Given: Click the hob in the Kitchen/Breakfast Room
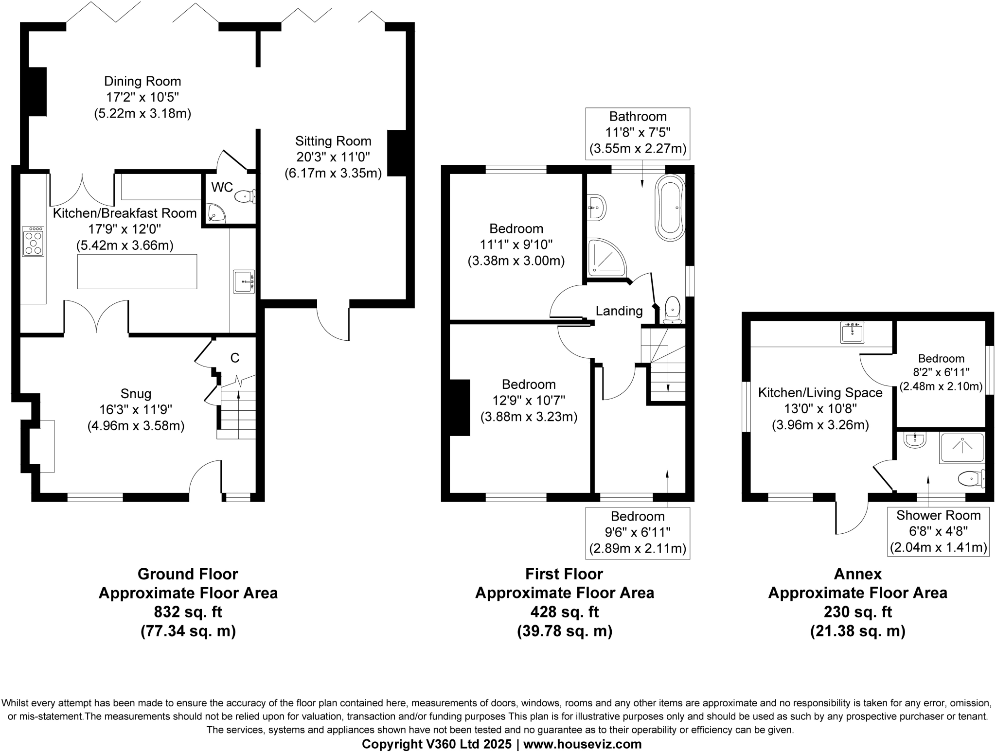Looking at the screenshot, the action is pos(33,241).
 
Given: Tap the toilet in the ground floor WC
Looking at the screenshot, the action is pos(245,197).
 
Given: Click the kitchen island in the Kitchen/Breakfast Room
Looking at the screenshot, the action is pos(137,271).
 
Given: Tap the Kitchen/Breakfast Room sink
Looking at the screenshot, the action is pos(244,281).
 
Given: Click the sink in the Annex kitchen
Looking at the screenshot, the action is pos(853,332).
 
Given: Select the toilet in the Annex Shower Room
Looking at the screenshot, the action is pos(971,479).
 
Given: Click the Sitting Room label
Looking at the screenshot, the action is pos(333,141).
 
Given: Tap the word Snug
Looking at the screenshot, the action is pos(136,394).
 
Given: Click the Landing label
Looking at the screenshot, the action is pos(619,311).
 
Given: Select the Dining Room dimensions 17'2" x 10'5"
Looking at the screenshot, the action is pos(142,97).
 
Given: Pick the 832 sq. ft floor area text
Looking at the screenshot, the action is pos(188,612).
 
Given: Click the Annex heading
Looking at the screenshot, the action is pos(858,574).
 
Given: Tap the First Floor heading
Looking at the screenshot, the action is pos(564,574).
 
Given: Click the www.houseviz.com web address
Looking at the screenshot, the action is pos(583,744).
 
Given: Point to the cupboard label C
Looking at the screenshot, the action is pos(235,358).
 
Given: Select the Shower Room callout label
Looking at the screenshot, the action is pos(939,515).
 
